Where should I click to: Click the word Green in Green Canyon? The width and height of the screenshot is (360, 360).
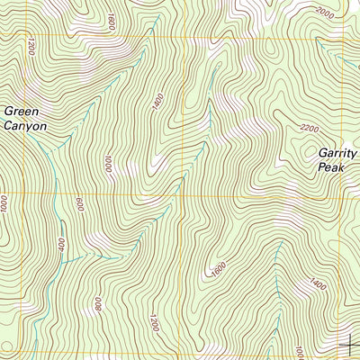click(x=22, y=112)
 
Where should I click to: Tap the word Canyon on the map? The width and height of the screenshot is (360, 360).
click(x=25, y=127)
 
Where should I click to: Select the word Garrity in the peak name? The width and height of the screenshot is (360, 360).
click(x=337, y=153)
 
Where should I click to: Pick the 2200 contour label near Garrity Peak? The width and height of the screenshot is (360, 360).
click(x=308, y=129)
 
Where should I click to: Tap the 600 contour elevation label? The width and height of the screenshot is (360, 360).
click(x=79, y=205)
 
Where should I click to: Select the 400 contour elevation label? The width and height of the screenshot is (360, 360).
click(x=60, y=245)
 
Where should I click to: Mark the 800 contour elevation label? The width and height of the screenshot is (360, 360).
click(x=97, y=304)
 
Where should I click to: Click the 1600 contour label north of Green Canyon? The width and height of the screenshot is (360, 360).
click(x=111, y=20)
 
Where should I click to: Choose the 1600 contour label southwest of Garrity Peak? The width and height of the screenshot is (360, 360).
click(x=216, y=268)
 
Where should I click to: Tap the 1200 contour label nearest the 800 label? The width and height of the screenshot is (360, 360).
click(x=154, y=321)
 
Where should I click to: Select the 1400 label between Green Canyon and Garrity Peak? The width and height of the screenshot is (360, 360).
click(x=158, y=103)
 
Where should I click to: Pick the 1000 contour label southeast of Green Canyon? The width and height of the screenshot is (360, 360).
click(x=107, y=164)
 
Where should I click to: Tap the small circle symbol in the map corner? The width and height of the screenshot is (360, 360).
click(x=6, y=347)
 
